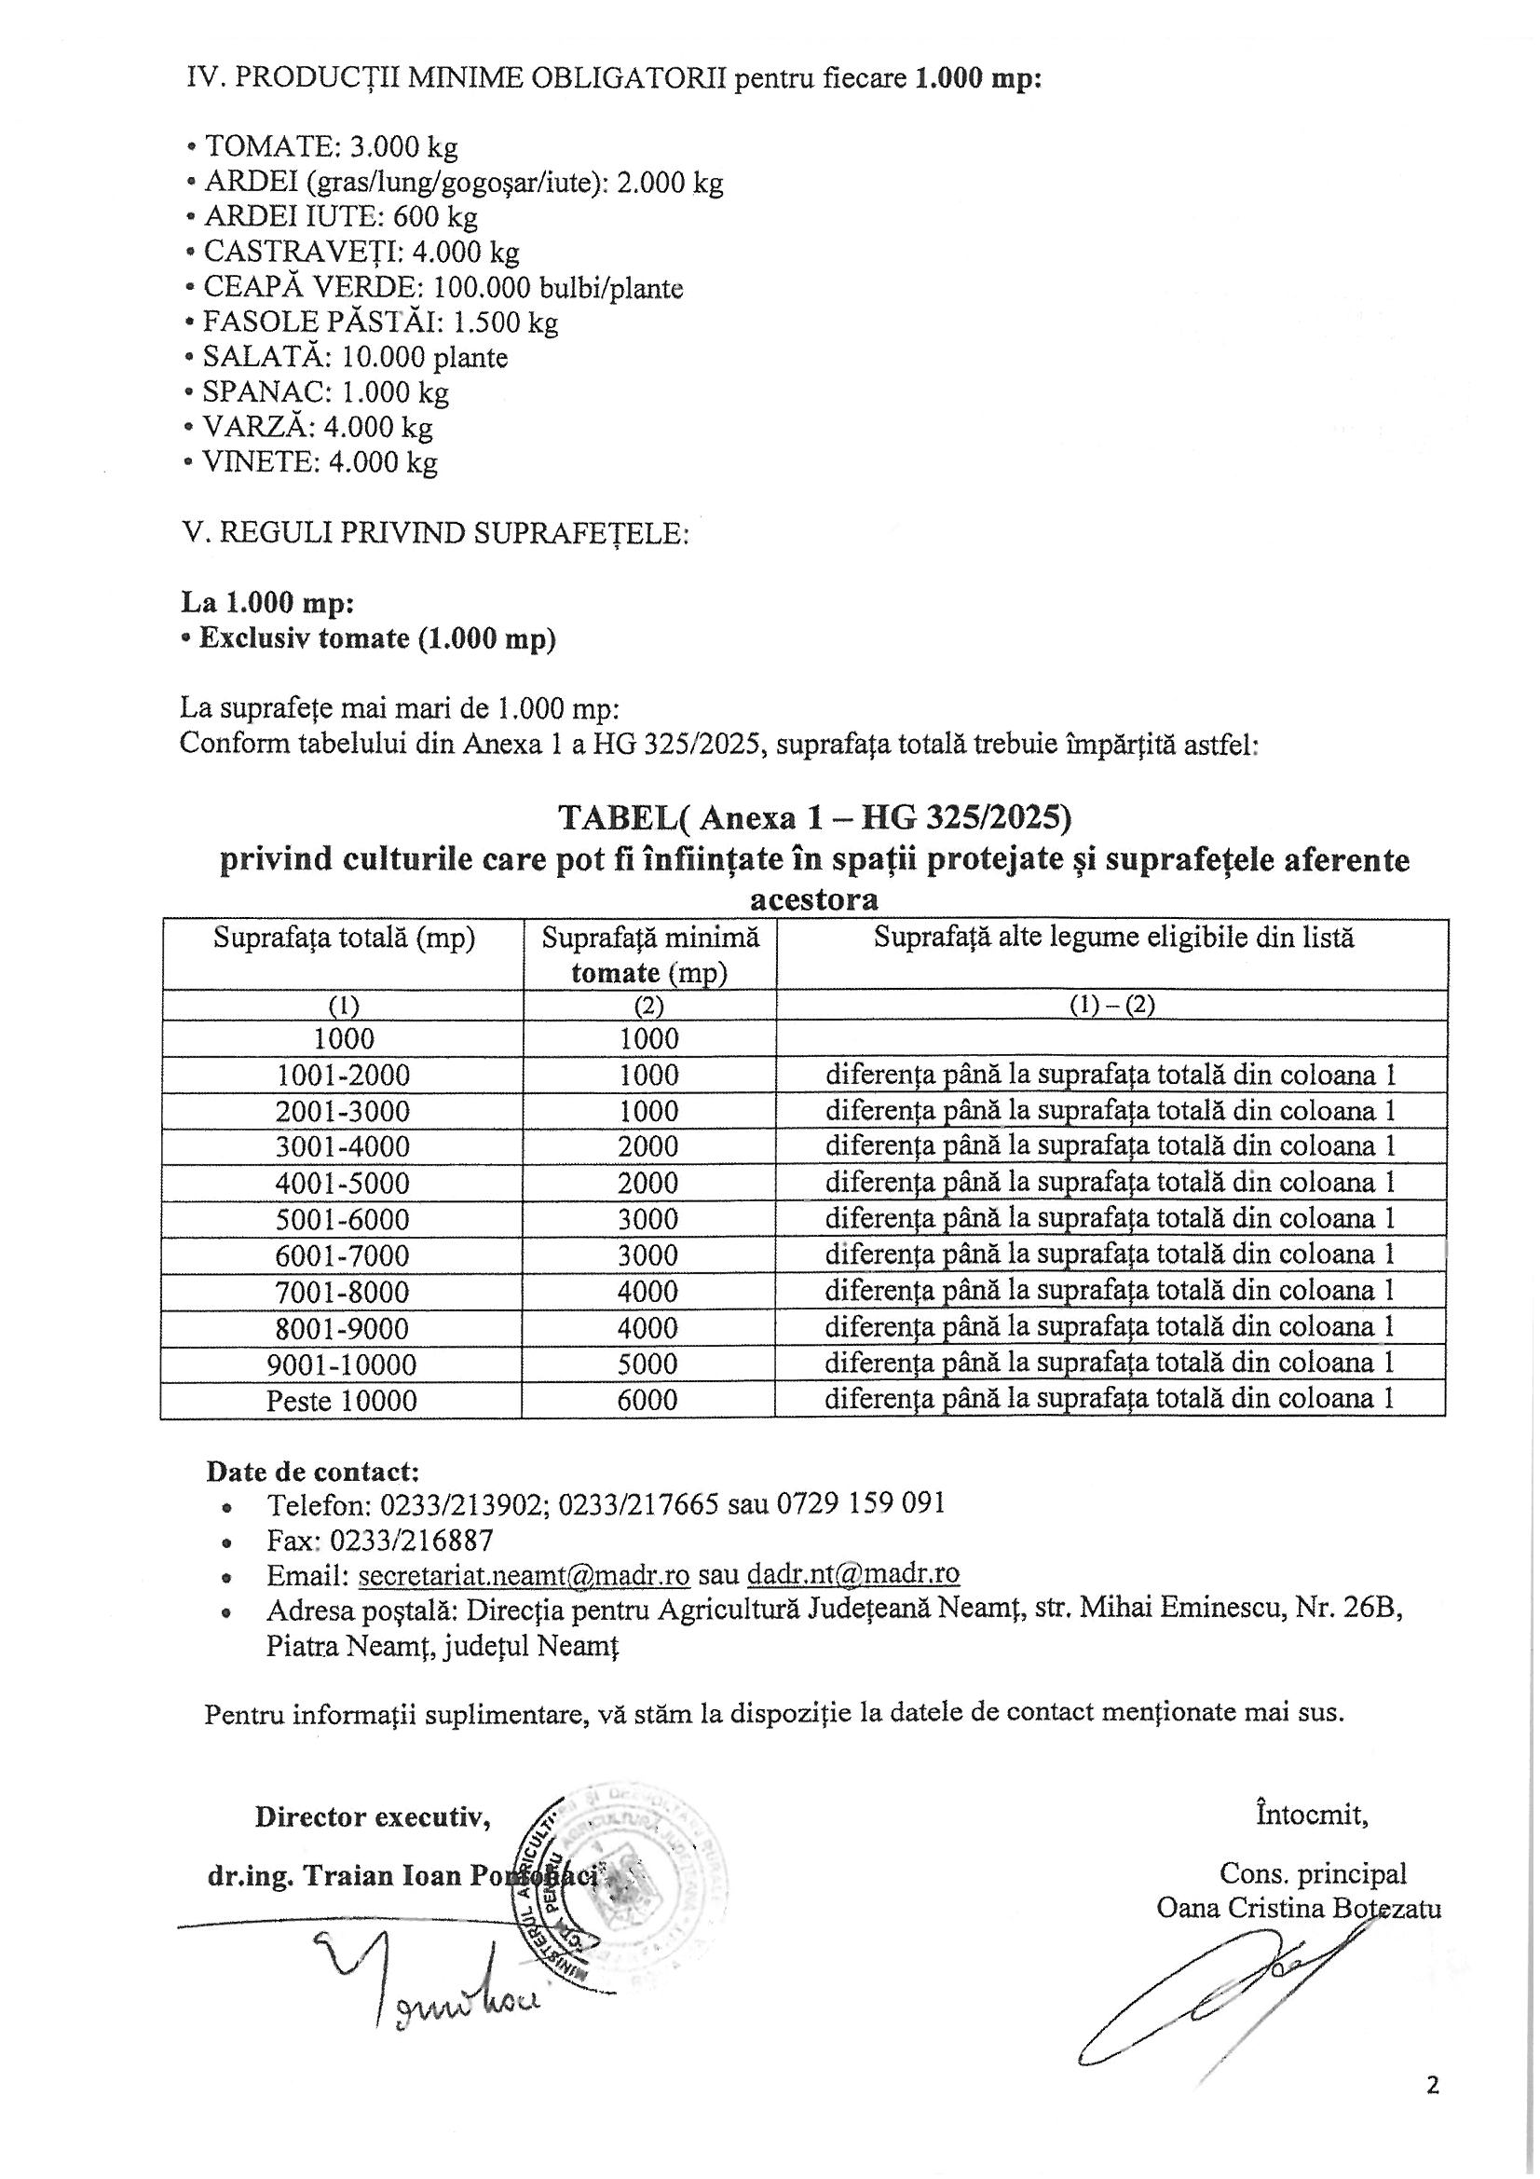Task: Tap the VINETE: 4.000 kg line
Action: (x=312, y=462)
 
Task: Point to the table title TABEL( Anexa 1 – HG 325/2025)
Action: (x=814, y=817)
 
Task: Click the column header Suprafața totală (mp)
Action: (x=344, y=939)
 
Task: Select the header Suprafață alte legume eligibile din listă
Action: (x=1113, y=939)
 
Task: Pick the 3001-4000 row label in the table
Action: (x=344, y=1147)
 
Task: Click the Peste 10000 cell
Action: (x=342, y=1401)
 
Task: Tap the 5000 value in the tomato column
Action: (x=649, y=1364)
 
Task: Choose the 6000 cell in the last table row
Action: (x=649, y=1401)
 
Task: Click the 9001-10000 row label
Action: (x=344, y=1364)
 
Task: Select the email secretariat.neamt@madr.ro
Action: (x=524, y=1574)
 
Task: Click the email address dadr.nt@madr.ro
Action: (x=853, y=1574)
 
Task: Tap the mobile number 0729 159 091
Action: (x=861, y=1504)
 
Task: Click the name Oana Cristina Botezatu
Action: (x=1298, y=1909)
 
